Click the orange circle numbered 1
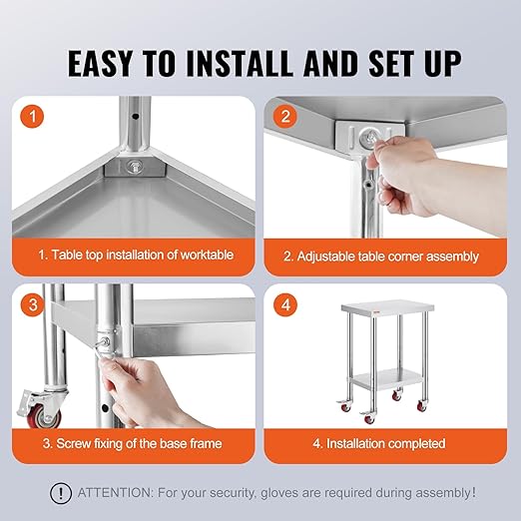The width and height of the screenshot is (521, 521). pyautogui.click(x=36, y=118)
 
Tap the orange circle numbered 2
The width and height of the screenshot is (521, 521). pyautogui.click(x=286, y=118)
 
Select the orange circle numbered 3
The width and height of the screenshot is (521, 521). pyautogui.click(x=36, y=305)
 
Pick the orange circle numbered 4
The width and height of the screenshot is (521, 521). pyautogui.click(x=286, y=305)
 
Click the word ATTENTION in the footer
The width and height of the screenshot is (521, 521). pyautogui.click(x=118, y=492)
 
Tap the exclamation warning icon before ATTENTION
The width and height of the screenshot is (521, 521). pyautogui.click(x=62, y=492)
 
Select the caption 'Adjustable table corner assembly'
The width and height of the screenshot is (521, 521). pyautogui.click(x=387, y=257)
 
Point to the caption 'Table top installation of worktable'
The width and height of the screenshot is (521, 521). pyautogui.click(x=137, y=256)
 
